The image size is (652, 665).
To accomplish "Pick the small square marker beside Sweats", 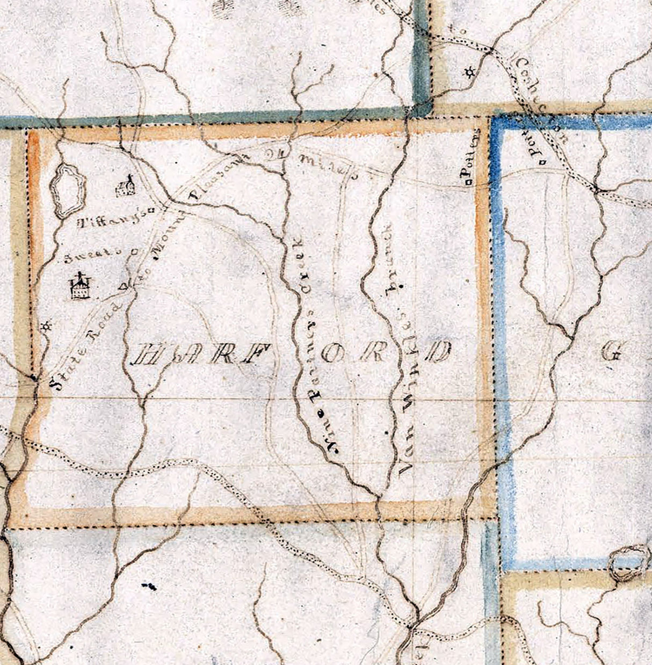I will coord(134,251).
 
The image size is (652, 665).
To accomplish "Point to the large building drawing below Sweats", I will coord(79,287).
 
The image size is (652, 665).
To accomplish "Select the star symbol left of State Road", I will coord(47,326).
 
